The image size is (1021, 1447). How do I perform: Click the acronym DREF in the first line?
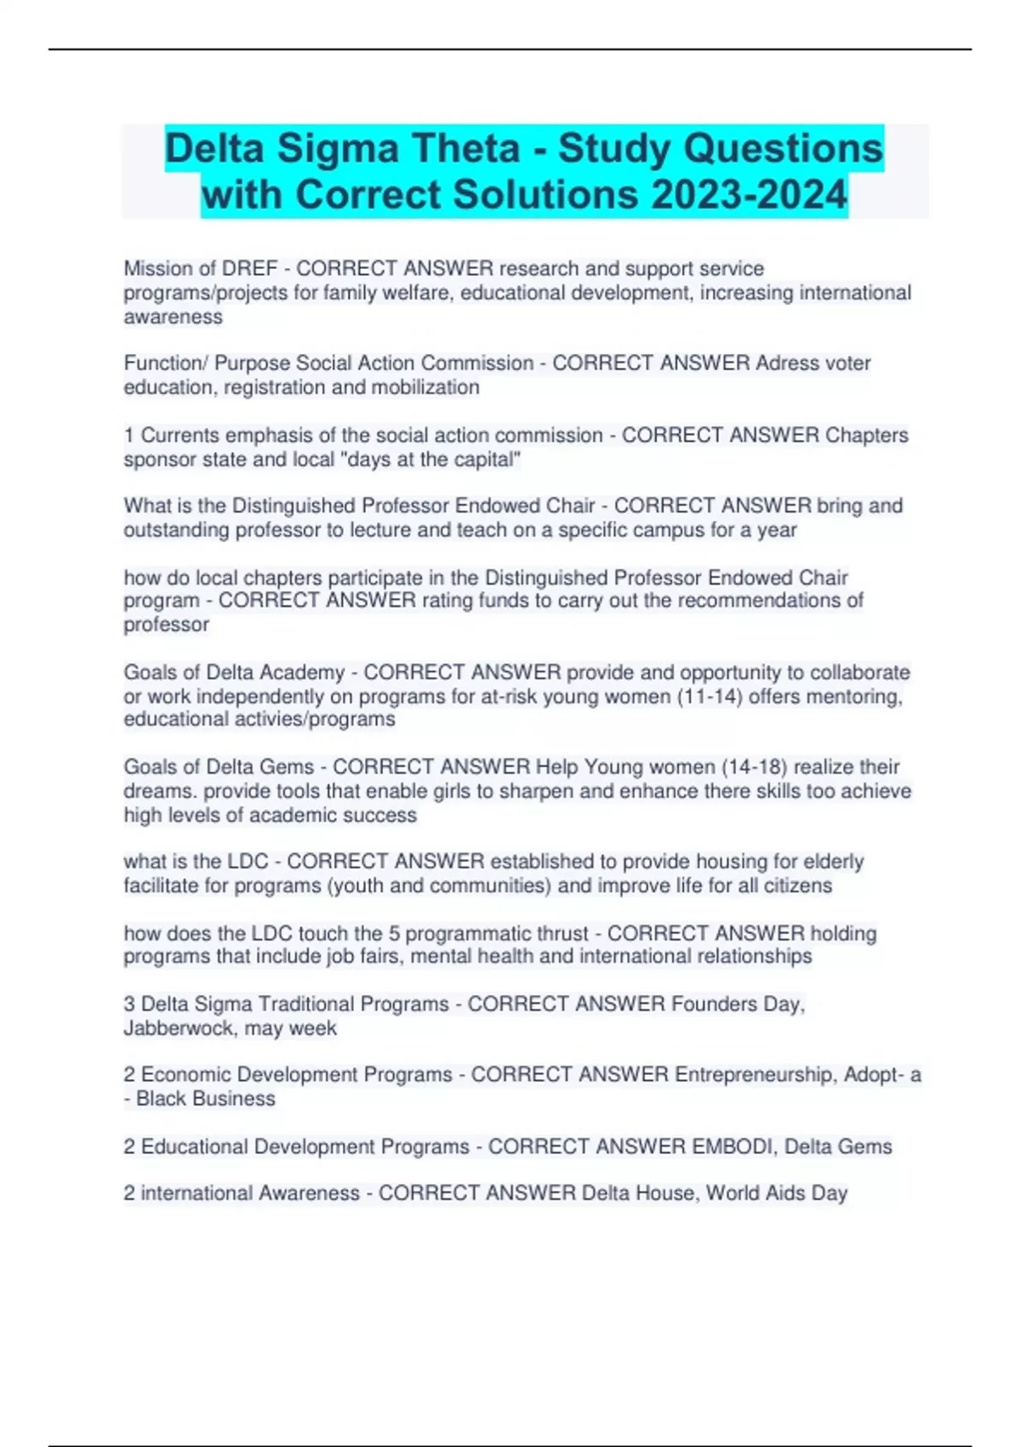249,269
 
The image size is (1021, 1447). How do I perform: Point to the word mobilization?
425,387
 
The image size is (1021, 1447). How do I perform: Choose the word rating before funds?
447,601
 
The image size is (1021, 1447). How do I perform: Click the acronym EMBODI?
732,1147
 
